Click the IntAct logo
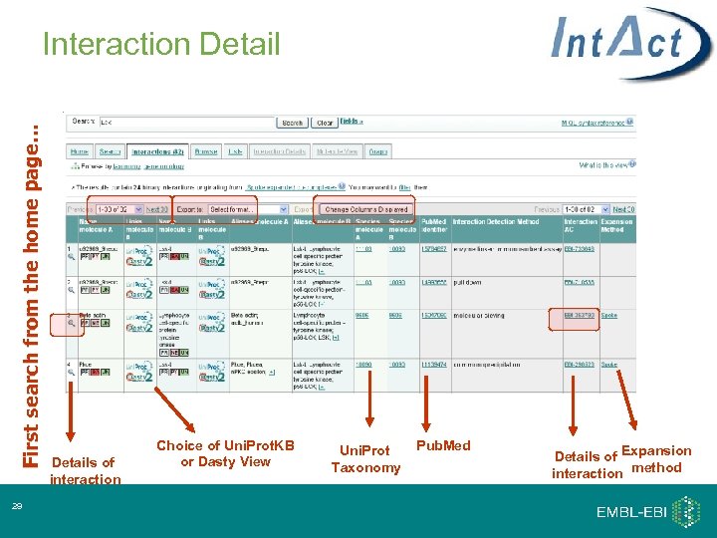pos(618,44)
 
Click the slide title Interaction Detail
pos(161,44)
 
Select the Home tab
pos(79,151)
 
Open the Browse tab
pos(205,151)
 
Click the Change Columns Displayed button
pos(365,209)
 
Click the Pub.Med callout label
pos(442,444)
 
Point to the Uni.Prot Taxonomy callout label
pos(365,459)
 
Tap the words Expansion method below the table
pos(656,459)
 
